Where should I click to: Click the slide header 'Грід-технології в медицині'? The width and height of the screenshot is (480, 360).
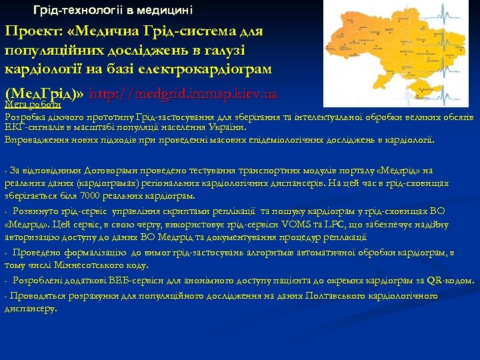pyautogui.click(x=113, y=10)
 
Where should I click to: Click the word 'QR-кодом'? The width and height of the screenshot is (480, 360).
pyautogui.click(x=450, y=281)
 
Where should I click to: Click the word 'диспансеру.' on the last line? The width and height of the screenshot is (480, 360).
pyautogui.click(x=31, y=309)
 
